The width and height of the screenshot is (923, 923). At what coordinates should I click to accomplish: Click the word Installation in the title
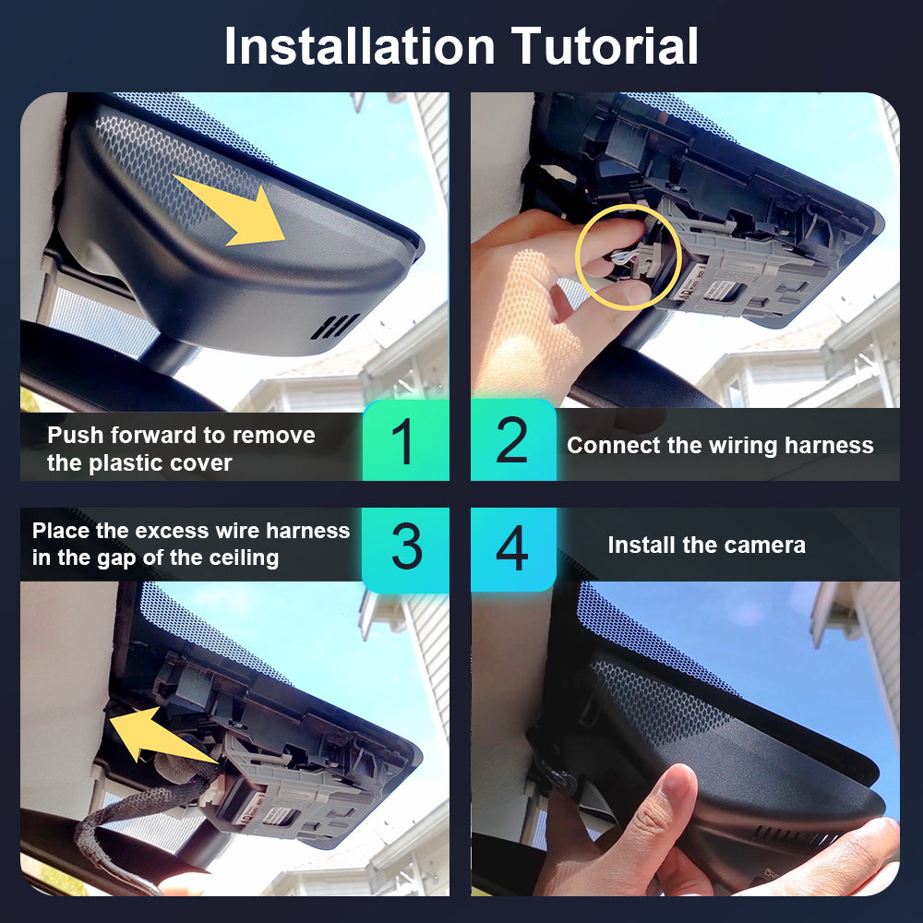click(359, 46)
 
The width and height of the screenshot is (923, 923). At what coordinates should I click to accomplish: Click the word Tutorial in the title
click(605, 46)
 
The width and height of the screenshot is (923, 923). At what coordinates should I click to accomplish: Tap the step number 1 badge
click(405, 439)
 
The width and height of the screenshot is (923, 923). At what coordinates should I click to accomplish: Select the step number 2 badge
click(513, 439)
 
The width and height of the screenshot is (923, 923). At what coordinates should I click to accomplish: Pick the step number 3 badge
click(405, 548)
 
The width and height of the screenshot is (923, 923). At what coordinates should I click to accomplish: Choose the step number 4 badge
click(513, 548)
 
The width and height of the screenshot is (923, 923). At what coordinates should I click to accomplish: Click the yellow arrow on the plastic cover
click(233, 209)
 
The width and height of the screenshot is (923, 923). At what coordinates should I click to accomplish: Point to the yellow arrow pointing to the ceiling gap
click(159, 735)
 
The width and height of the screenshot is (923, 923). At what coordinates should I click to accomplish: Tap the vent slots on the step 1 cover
click(335, 327)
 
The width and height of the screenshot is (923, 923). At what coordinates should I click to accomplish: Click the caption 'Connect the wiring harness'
click(720, 446)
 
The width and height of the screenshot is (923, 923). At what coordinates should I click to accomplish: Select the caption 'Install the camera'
click(706, 545)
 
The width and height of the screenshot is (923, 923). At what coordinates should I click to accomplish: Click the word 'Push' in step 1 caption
click(76, 435)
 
